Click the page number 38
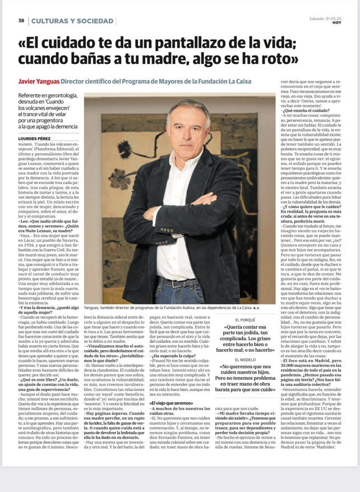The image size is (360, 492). coord(21,21)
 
